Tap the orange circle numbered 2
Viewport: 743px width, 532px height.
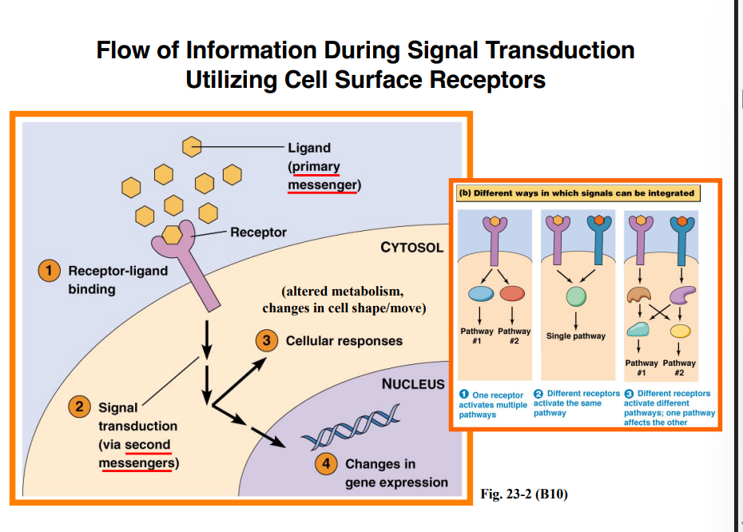pyautogui.click(x=80, y=407)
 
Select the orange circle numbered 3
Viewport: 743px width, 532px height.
pyautogui.click(x=265, y=341)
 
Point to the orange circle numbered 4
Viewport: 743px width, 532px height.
pyautogui.click(x=325, y=464)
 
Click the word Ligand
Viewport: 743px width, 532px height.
pyautogui.click(x=309, y=148)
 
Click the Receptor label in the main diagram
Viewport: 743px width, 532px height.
pyautogui.click(x=258, y=232)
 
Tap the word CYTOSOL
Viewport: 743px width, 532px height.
pyautogui.click(x=411, y=248)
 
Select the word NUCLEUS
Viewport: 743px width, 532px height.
pyautogui.click(x=413, y=384)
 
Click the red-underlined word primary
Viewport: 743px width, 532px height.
pyautogui.click(x=315, y=167)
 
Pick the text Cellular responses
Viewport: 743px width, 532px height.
pyautogui.click(x=344, y=341)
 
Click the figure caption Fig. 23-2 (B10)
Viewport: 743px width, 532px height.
pyautogui.click(x=524, y=494)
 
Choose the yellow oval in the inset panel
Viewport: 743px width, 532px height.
pyautogui.click(x=680, y=331)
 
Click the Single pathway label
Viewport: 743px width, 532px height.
pyautogui.click(x=575, y=336)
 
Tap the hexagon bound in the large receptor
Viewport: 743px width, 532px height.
pyautogui.click(x=171, y=233)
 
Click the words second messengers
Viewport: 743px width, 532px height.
pyautogui.click(x=137, y=454)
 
